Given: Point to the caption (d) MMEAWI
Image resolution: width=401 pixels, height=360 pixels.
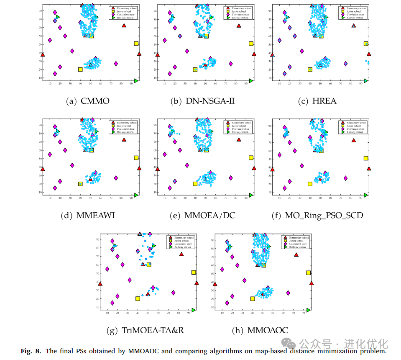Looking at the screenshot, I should pos(88,215).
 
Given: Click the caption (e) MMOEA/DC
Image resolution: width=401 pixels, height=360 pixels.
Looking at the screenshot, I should pos(203,215).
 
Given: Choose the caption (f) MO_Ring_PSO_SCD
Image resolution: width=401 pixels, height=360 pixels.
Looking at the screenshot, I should pos(318,215).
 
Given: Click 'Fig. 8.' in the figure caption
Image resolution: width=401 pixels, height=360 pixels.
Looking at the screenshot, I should pos(31,351).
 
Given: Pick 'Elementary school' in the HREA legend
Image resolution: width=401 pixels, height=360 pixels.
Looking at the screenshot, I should pos(357,8).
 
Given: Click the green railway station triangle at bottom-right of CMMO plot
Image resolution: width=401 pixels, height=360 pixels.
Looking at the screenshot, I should pos(136,81).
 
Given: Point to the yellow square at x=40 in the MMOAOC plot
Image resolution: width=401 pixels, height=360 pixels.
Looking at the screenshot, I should pos(253,298).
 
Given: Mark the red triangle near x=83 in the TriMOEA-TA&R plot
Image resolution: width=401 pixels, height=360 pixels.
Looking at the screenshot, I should pos(181,254).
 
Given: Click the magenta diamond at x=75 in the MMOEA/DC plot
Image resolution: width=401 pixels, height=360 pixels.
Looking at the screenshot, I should pos(230,178).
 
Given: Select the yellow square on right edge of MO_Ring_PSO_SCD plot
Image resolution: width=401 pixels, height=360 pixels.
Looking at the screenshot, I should pos(366,158).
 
